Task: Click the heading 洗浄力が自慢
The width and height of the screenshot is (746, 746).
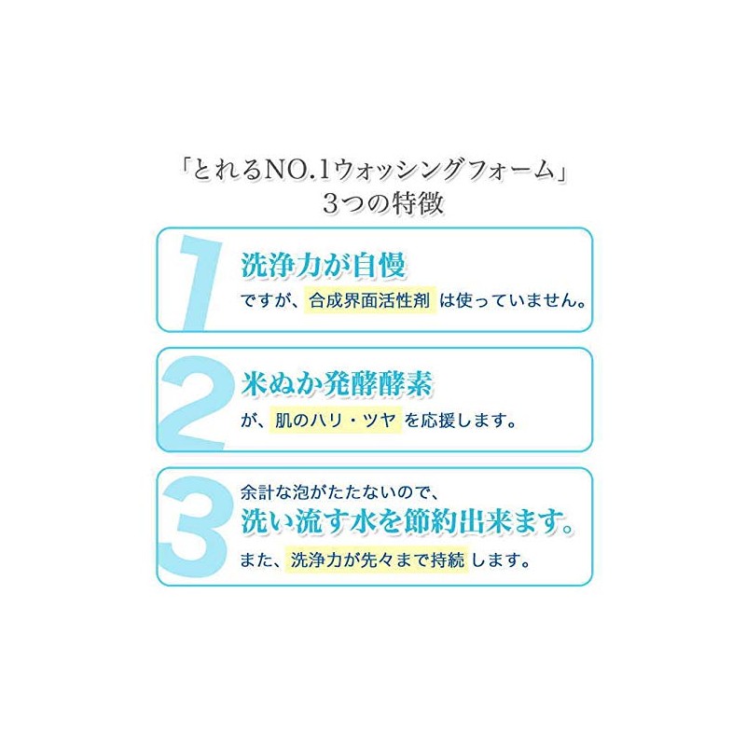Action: (x=323, y=265)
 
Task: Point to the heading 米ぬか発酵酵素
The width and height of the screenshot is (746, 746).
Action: (x=337, y=383)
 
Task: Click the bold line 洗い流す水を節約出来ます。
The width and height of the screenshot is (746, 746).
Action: (x=408, y=522)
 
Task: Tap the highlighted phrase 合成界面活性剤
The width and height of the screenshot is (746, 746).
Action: (x=369, y=300)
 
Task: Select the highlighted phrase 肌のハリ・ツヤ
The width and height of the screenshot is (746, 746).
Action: (x=336, y=421)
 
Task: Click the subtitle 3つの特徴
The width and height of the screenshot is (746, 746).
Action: (x=383, y=202)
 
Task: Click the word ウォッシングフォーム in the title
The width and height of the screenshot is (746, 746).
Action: (x=444, y=171)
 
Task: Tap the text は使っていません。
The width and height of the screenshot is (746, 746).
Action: (x=512, y=300)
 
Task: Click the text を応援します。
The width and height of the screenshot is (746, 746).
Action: (x=461, y=421)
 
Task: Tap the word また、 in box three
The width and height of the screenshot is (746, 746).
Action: (x=262, y=560)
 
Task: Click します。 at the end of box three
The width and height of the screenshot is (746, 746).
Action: (x=501, y=560)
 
